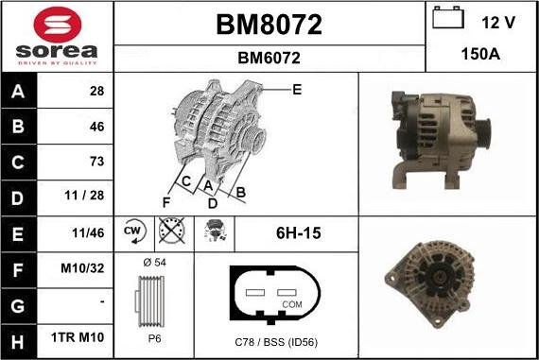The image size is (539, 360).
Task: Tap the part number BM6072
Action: pyautogui.click(x=269, y=58)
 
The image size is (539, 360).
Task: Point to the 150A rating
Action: pyautogui.click(x=481, y=55)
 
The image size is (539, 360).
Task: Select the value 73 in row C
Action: pyautogui.click(x=96, y=161)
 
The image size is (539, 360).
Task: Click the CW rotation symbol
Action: pyautogui.click(x=132, y=231)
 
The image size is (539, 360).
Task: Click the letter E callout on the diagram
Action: pyautogui.click(x=296, y=90)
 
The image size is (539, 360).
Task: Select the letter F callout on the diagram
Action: pyautogui.click(x=166, y=201)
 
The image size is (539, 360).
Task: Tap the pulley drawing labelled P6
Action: pyautogui.click(x=152, y=300)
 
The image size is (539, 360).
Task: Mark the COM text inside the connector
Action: pyautogui.click(x=292, y=304)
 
